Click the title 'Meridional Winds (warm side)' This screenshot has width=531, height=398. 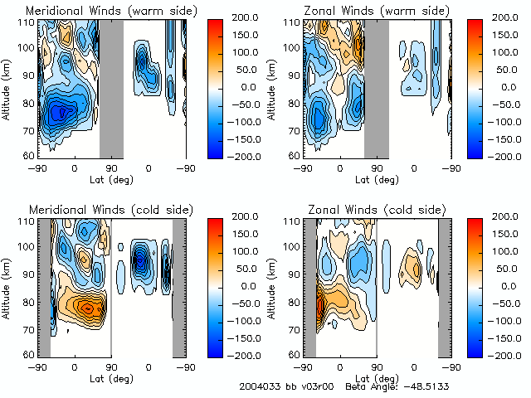[99, 11]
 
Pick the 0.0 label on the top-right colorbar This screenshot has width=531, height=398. [497, 87]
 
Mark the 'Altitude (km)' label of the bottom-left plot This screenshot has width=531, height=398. [8, 286]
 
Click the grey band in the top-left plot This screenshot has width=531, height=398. [111, 87]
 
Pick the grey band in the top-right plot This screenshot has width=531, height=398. [376, 87]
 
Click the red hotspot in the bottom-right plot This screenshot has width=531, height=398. [319, 310]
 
